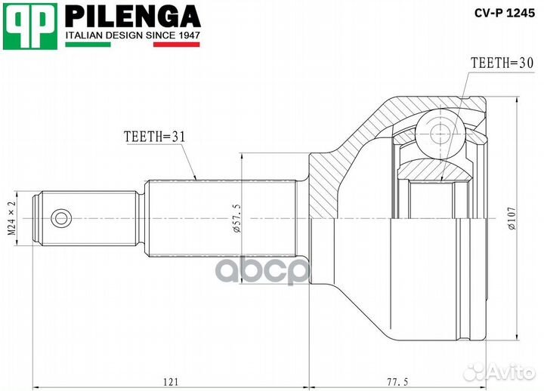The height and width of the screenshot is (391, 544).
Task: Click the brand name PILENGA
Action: pyautogui.click(x=132, y=15)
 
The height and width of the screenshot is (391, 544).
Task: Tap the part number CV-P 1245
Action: pyautogui.click(x=503, y=12)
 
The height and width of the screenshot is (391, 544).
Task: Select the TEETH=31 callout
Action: pyautogui.click(x=154, y=136)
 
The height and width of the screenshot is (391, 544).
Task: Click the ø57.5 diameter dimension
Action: pyautogui.click(x=236, y=218)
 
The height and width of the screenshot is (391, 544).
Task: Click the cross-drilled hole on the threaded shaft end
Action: pyautogui.click(x=60, y=219)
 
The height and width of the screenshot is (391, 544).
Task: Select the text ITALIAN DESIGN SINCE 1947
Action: pyautogui.click(x=132, y=35)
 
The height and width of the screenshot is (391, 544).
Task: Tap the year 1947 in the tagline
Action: pyautogui.click(x=185, y=35)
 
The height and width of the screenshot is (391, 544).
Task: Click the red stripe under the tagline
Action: pyautogui.click(x=177, y=45)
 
